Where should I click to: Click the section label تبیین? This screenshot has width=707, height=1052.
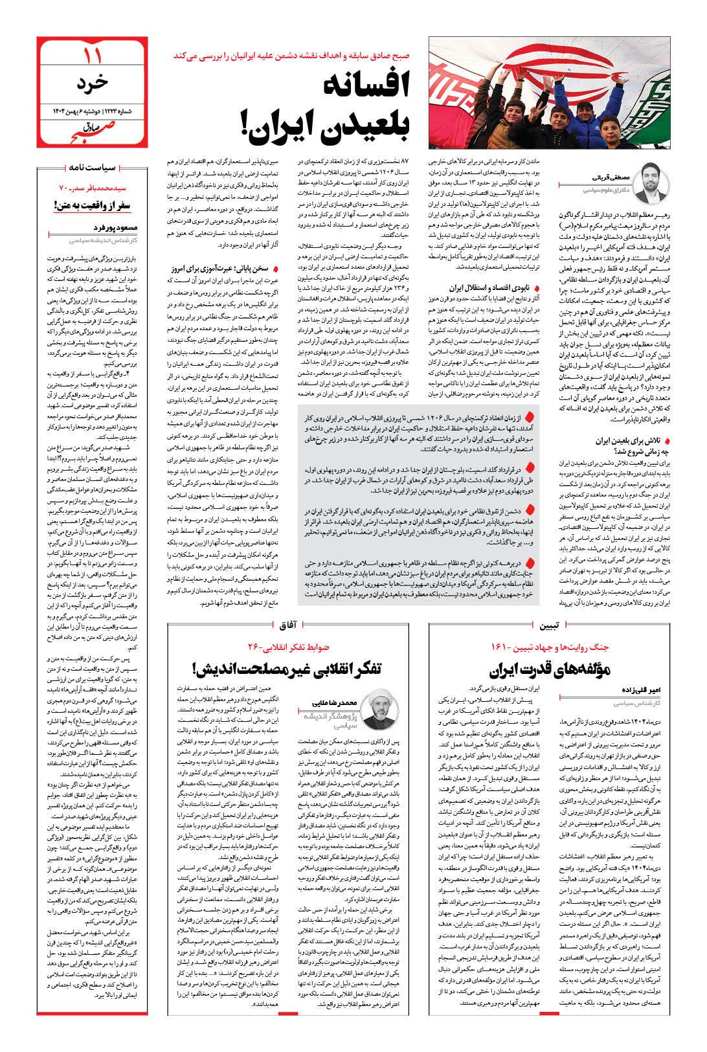point(550,625)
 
